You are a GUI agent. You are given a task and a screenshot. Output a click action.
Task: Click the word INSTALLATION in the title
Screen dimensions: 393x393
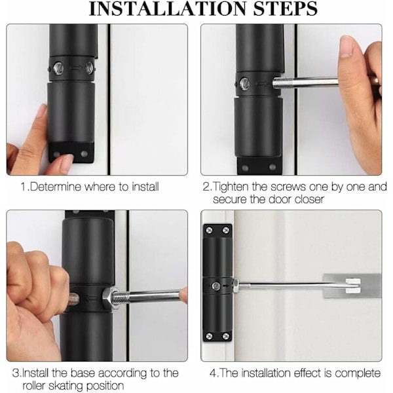click(x=168, y=9)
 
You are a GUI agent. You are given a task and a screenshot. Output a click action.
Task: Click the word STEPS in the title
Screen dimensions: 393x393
click(x=285, y=9)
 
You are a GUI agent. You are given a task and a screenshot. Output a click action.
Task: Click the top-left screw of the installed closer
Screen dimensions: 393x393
click(x=210, y=230)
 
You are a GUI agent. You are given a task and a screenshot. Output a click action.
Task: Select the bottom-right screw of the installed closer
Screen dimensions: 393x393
click(x=226, y=336)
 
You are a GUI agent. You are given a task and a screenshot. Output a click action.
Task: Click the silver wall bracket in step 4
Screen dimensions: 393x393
click(x=352, y=286)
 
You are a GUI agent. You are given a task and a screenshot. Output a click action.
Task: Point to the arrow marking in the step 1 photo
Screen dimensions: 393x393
click(x=75, y=68)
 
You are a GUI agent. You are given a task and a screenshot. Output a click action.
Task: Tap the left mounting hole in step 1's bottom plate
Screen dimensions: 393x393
click(x=57, y=154)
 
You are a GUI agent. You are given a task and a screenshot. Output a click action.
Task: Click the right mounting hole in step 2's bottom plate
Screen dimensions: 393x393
click(x=272, y=167)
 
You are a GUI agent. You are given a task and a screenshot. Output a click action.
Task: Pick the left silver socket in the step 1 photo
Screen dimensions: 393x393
click(x=58, y=68)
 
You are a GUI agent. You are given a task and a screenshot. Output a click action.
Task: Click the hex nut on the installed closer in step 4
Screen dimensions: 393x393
click(x=236, y=285)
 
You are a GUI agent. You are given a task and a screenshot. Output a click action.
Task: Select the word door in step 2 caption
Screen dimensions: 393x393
click(x=280, y=200)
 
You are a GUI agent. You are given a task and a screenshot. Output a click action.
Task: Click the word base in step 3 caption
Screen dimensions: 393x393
click(x=83, y=373)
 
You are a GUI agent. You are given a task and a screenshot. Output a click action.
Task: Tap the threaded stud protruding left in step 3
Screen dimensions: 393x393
click(x=73, y=298)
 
